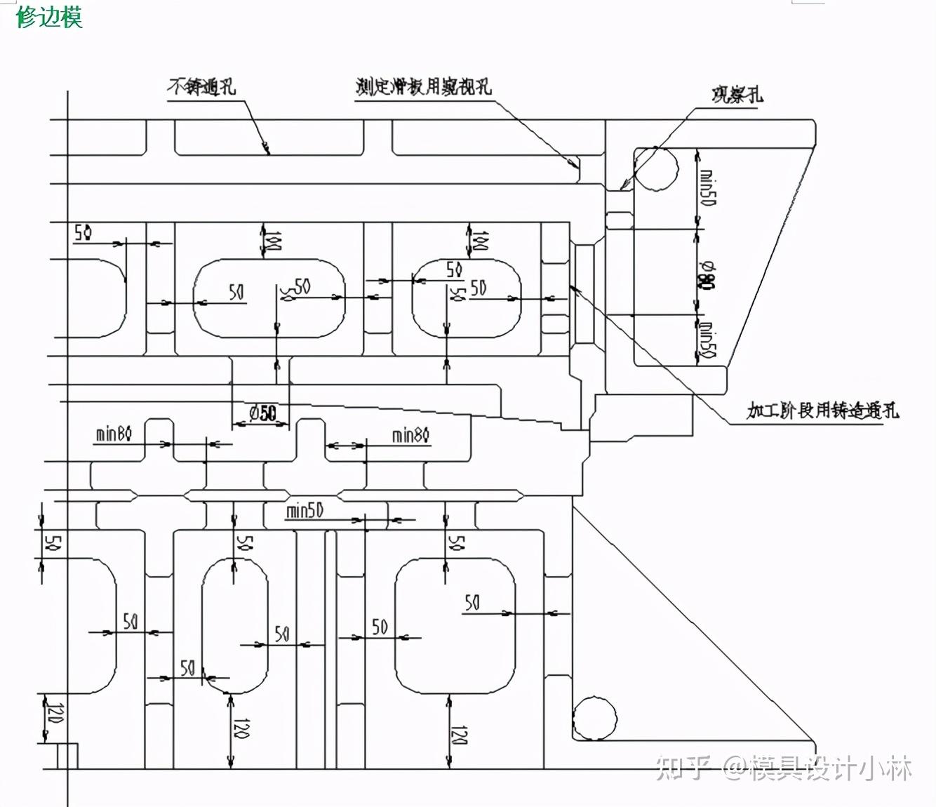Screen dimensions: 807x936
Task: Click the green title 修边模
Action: tap(49, 15)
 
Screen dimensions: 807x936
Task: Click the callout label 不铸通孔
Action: tap(201, 86)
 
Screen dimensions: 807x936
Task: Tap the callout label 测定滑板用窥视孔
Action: tap(423, 86)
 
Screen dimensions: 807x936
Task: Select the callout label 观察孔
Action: tap(737, 94)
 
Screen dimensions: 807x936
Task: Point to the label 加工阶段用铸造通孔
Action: tap(822, 410)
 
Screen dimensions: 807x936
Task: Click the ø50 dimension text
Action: tap(262, 413)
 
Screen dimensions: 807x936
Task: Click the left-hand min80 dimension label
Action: tap(114, 434)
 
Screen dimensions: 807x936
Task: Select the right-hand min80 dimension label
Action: tap(410, 435)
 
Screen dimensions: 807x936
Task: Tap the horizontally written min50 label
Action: tap(305, 510)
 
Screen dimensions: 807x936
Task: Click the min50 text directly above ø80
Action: tap(707, 188)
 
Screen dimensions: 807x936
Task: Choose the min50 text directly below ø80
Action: tap(707, 340)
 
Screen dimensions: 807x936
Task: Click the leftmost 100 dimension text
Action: tap(275, 241)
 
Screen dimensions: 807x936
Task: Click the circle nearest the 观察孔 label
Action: tap(656, 169)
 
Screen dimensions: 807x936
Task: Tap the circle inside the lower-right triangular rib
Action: tap(595, 718)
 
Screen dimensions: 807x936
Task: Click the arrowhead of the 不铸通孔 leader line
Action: tap(267, 149)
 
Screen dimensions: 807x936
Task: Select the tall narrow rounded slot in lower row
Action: tap(235, 626)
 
